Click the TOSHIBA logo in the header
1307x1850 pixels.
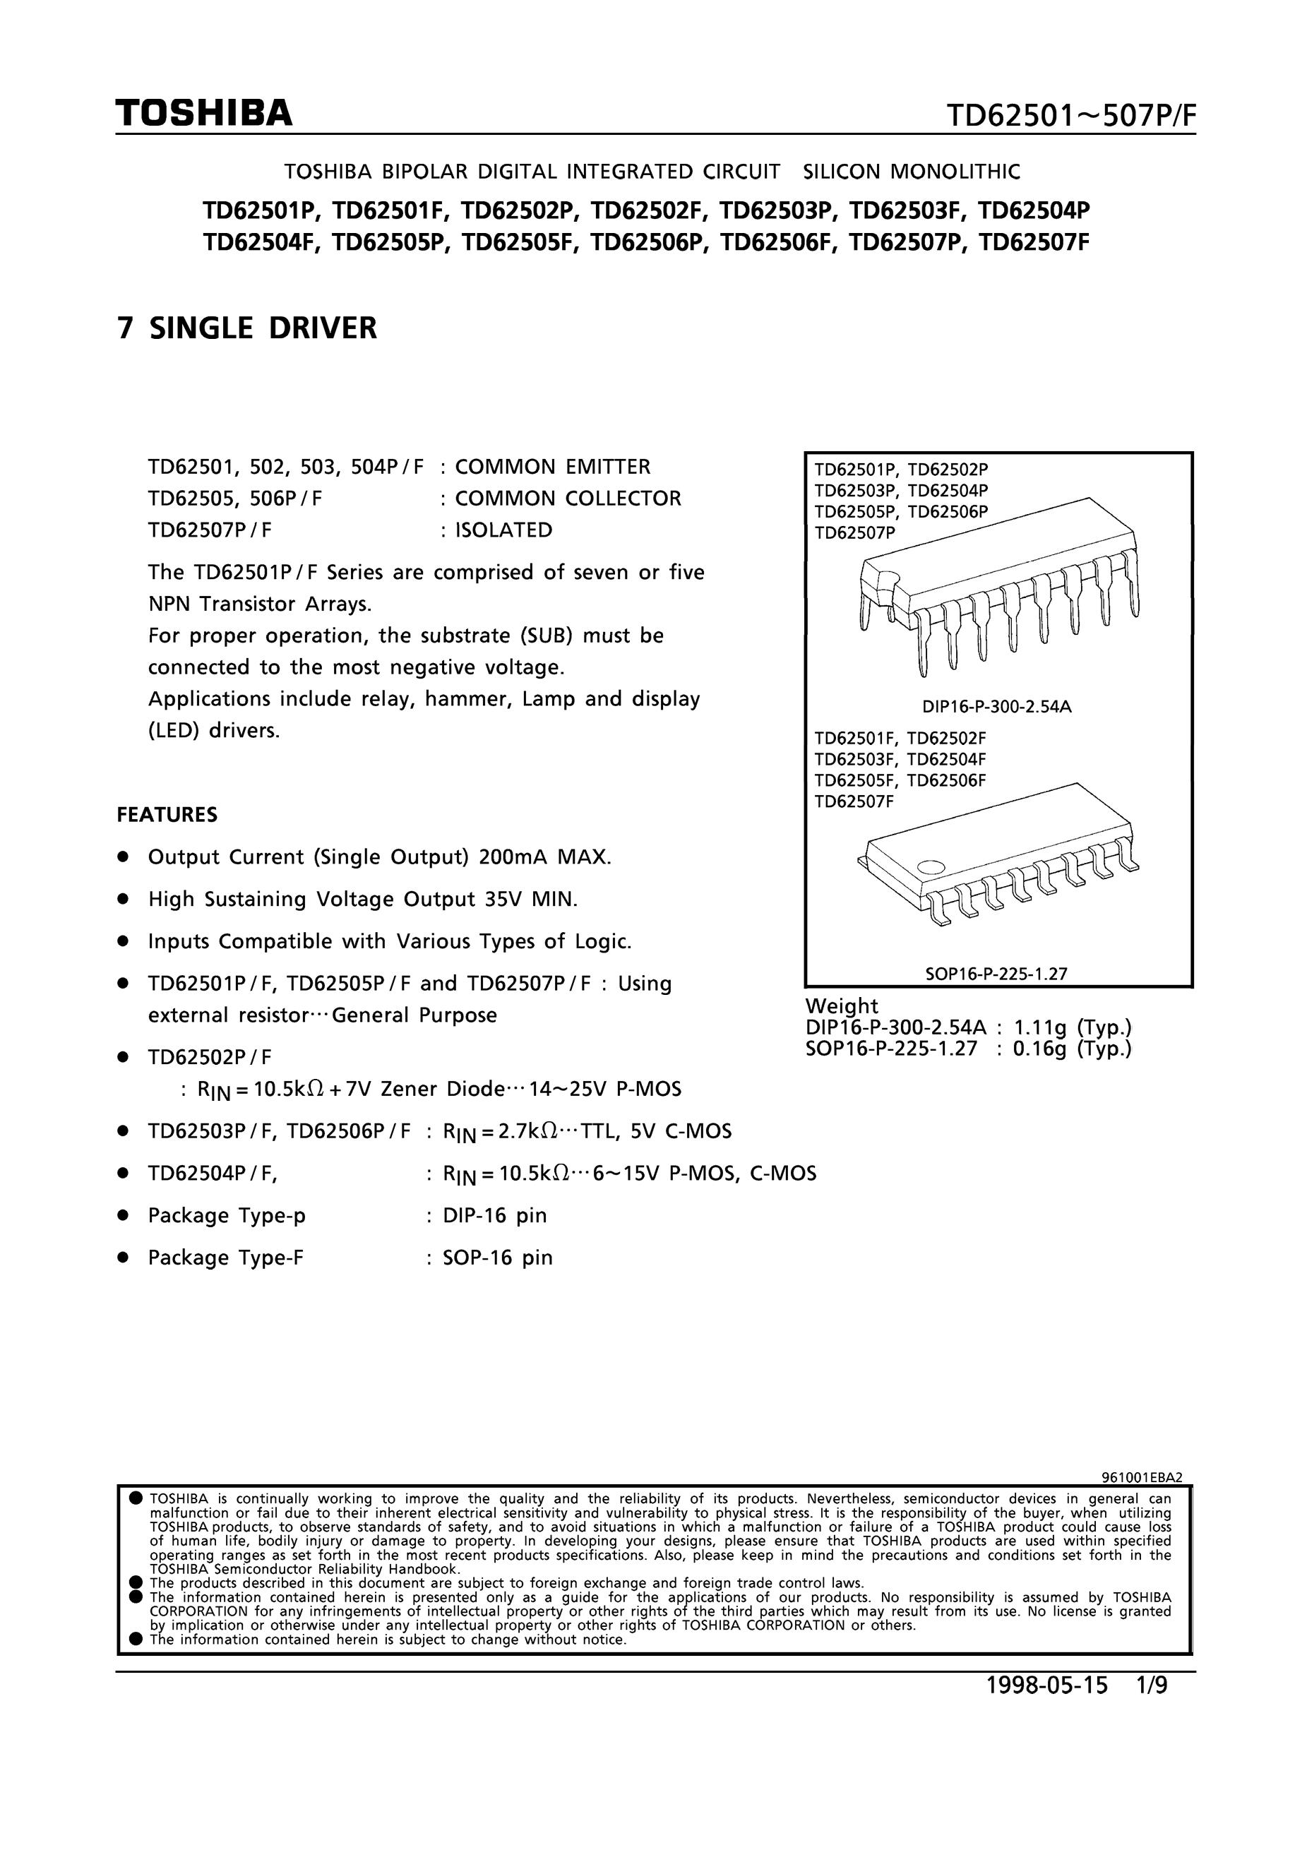(x=203, y=114)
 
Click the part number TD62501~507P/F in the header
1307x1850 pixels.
(x=1071, y=118)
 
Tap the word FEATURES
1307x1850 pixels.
(x=167, y=815)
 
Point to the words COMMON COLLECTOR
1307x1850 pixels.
(x=568, y=499)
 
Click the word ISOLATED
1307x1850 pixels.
(x=503, y=530)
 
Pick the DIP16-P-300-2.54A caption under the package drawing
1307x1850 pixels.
(x=997, y=708)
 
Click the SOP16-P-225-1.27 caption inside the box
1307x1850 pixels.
(x=996, y=973)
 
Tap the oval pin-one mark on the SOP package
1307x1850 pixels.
(x=931, y=868)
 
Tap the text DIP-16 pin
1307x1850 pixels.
(x=495, y=1215)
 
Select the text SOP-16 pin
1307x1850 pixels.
(x=498, y=1257)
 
